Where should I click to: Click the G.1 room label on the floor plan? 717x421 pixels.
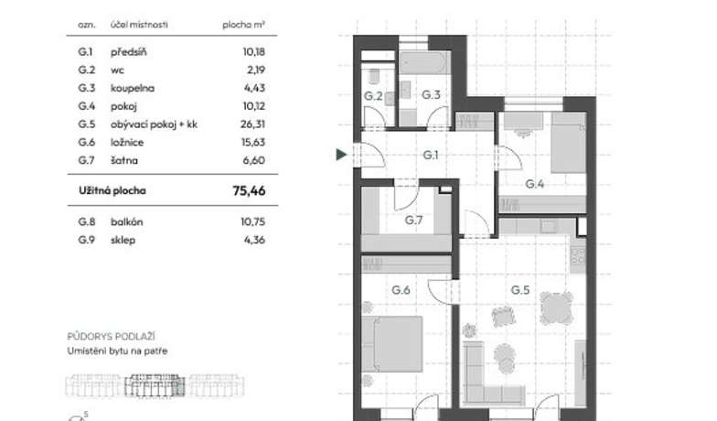(430, 156)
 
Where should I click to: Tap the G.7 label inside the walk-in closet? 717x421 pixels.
(413, 220)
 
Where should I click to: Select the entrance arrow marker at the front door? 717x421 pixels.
(342, 155)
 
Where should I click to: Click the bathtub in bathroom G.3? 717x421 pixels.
(423, 62)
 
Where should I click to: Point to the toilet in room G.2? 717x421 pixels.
(373, 75)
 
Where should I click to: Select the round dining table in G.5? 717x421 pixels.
(556, 308)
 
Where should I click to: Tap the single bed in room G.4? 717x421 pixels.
(569, 143)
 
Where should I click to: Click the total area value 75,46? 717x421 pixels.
(249, 190)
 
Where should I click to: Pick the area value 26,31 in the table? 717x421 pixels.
(252, 124)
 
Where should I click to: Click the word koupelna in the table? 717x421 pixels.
(132, 88)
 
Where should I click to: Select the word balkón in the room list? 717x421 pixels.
(126, 221)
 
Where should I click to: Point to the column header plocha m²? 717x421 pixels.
(243, 25)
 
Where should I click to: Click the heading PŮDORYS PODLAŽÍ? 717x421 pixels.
(112, 337)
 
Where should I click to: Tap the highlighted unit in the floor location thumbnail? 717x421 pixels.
(155, 385)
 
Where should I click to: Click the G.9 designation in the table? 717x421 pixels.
(86, 240)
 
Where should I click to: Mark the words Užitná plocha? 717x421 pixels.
(112, 190)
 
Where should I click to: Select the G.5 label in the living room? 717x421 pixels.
(519, 290)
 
